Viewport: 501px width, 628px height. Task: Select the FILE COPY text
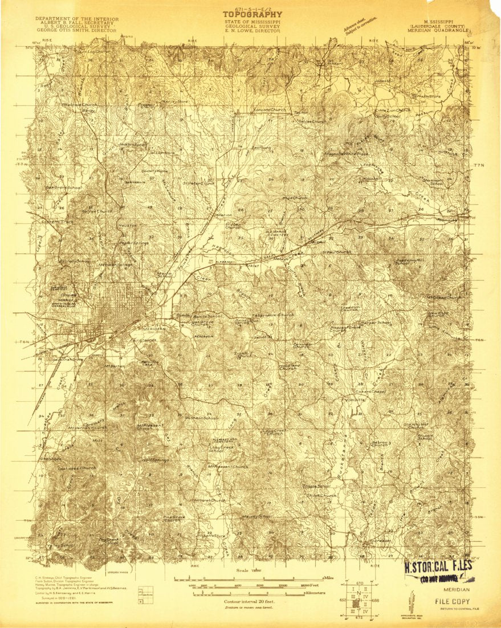(x=453, y=601)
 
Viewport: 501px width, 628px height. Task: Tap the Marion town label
(x=223, y=215)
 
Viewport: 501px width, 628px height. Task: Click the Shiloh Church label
(x=321, y=496)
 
